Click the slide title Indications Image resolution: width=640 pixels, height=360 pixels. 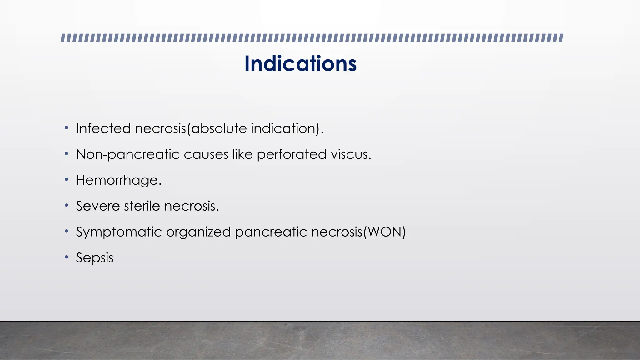tap(300, 64)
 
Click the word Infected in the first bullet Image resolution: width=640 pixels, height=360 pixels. tap(103, 128)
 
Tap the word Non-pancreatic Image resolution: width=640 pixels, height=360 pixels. tap(128, 154)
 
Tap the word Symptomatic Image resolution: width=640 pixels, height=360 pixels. tap(119, 232)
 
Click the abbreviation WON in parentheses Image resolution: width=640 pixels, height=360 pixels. tap(384, 232)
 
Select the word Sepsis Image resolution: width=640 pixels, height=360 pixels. tap(95, 258)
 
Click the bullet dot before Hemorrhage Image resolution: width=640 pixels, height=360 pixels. tap(66, 180)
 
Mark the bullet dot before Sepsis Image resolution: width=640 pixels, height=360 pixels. tap(66, 257)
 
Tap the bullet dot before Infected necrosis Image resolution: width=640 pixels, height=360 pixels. tap(66, 128)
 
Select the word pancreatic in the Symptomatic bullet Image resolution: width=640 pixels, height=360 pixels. tap(271, 232)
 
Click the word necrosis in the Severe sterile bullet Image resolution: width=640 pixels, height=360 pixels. tap(191, 206)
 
